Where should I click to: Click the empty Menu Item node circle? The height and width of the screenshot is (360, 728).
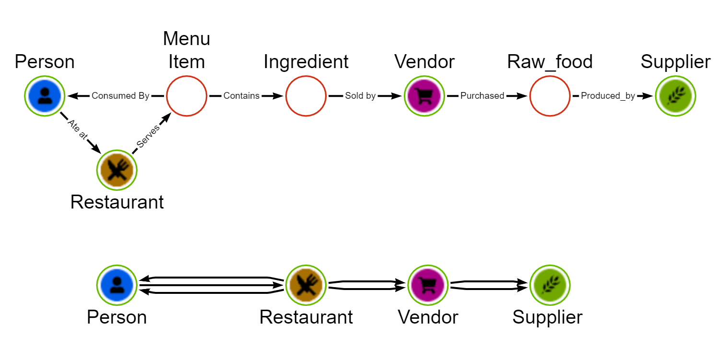[187, 96]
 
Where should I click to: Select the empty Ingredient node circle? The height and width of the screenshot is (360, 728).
[306, 96]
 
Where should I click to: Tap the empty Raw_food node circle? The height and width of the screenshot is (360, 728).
[550, 96]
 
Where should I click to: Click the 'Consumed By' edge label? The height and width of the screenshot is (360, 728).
[120, 96]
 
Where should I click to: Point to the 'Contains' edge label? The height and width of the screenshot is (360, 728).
[241, 96]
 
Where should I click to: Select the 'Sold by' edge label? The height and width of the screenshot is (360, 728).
[360, 96]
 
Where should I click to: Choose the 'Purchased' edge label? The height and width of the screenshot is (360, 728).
[482, 96]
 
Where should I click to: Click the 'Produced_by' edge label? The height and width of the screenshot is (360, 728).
[608, 96]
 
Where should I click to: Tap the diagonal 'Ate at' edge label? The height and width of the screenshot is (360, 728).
[77, 129]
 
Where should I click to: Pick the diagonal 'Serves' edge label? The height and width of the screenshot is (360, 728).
[148, 136]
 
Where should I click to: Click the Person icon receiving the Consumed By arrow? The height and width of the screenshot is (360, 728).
[45, 96]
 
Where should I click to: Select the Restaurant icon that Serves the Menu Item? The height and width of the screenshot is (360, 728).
[117, 170]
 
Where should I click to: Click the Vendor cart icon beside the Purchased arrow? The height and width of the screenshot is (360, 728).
[425, 96]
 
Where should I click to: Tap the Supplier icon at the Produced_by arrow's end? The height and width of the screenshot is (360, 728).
[675, 96]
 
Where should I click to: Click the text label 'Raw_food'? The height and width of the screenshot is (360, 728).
[550, 62]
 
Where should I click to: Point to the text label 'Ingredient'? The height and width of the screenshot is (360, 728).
[306, 62]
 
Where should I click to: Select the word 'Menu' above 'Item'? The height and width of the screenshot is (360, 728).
[187, 38]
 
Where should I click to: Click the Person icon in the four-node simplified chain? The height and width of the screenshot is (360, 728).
[117, 285]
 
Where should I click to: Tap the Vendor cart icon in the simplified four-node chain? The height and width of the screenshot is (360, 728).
[428, 285]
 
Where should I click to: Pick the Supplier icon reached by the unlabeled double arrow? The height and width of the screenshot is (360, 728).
[550, 285]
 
